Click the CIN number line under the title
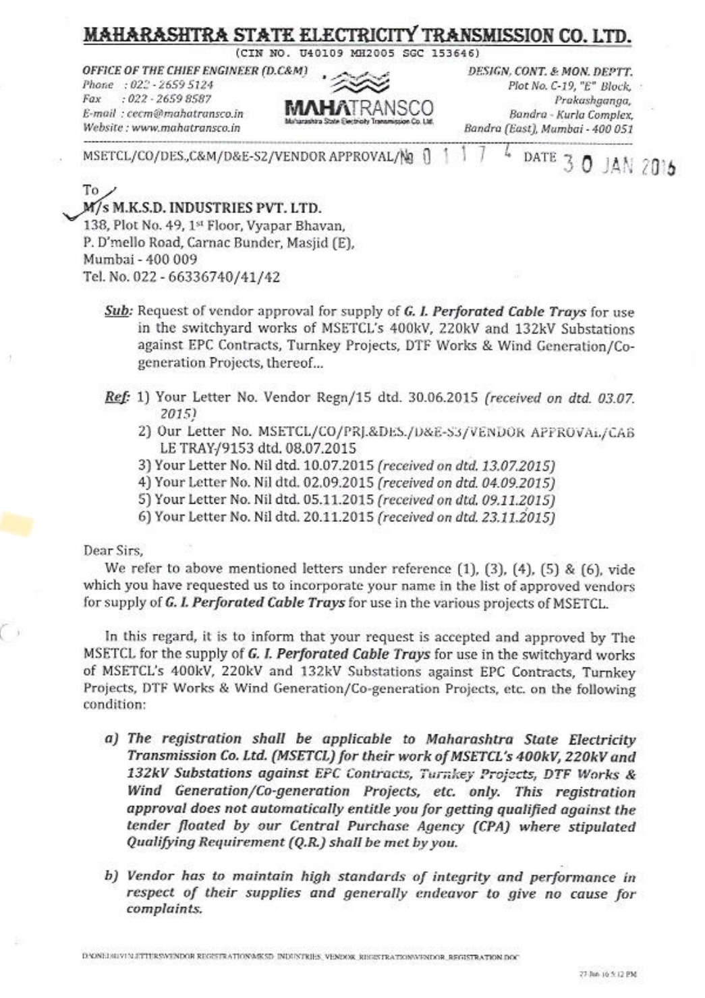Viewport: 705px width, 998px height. click(x=358, y=53)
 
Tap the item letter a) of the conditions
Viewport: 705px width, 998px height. click(x=112, y=739)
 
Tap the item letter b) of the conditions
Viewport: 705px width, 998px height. click(x=112, y=877)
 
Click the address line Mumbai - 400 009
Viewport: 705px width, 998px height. click(x=140, y=260)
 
